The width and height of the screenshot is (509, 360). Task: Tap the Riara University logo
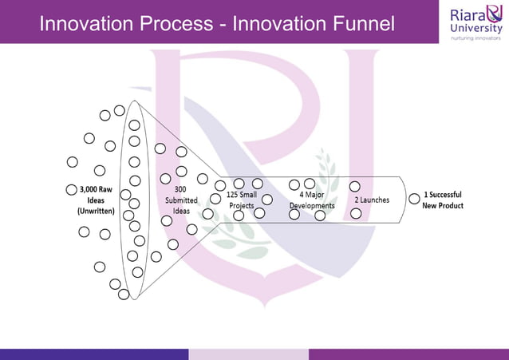pyautogui.click(x=475, y=22)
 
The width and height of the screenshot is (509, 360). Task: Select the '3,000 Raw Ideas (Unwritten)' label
pyautogui.click(x=96, y=201)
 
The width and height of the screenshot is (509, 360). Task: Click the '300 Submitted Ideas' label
pyautogui.click(x=181, y=200)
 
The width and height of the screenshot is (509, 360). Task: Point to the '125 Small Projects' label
pyautogui.click(x=241, y=200)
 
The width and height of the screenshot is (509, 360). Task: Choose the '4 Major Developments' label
pyautogui.click(x=312, y=200)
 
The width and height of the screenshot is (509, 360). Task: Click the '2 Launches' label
pyautogui.click(x=372, y=200)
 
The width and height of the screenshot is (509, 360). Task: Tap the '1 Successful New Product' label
pyautogui.click(x=443, y=200)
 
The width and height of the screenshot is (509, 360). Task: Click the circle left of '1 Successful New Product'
pyautogui.click(x=414, y=199)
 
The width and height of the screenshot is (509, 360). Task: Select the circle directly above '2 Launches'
pyautogui.click(x=355, y=186)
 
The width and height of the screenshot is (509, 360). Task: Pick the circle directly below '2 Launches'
pyautogui.click(x=356, y=213)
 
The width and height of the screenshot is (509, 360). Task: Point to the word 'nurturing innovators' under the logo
pyautogui.click(x=475, y=37)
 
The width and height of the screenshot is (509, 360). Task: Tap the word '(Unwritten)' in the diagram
pyautogui.click(x=96, y=212)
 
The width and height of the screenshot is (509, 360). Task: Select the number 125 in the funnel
pyautogui.click(x=232, y=195)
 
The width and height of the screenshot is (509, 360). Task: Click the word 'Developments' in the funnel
pyautogui.click(x=312, y=205)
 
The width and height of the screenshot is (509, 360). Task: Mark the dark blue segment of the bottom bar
pyautogui.click(x=94, y=354)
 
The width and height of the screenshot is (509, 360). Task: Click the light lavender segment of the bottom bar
pyautogui.click(x=248, y=354)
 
